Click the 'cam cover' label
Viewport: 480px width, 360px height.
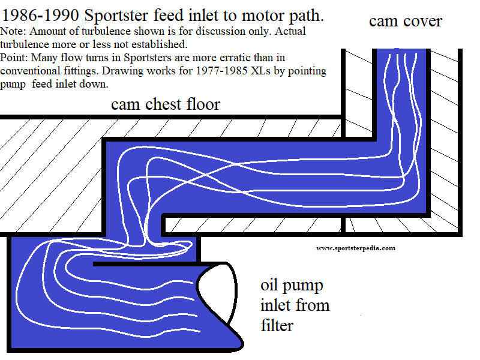click(x=405, y=22)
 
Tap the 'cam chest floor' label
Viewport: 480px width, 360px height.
click(x=166, y=104)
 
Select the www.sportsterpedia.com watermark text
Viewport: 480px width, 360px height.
click(x=355, y=248)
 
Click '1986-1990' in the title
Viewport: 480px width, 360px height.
click(x=36, y=14)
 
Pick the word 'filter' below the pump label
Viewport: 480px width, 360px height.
click(x=277, y=325)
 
